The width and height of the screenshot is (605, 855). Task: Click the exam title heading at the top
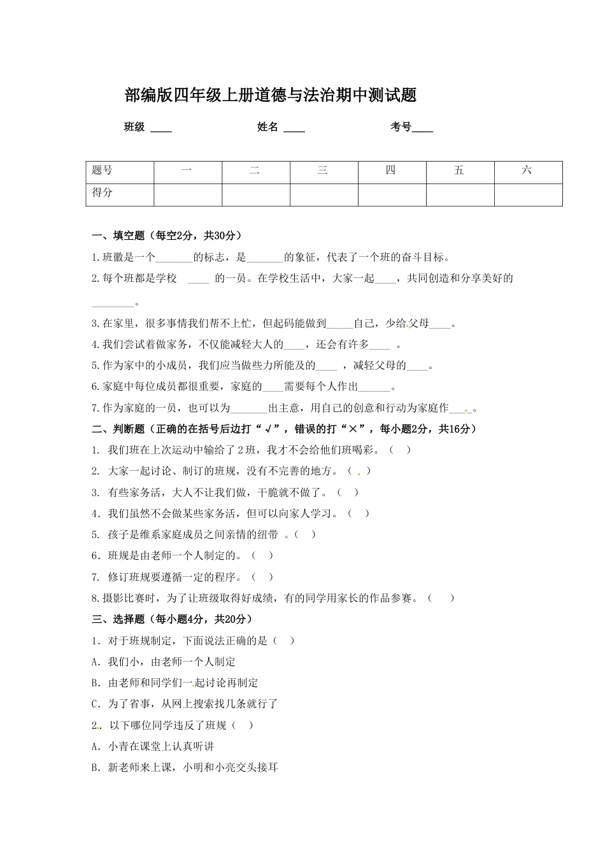click(271, 95)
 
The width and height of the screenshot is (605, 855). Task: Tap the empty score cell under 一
click(187, 195)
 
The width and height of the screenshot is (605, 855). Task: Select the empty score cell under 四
click(392, 195)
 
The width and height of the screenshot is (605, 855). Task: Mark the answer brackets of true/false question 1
click(400, 450)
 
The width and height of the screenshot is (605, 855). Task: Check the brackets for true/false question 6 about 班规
click(262, 556)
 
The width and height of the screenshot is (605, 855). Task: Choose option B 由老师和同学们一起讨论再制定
click(175, 683)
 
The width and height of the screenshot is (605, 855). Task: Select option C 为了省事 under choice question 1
click(185, 704)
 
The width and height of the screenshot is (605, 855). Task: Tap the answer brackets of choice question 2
click(243, 725)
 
